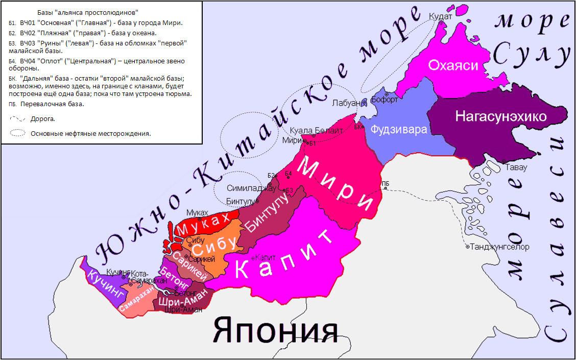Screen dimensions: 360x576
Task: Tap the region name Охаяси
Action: pyautogui.click(x=453, y=65)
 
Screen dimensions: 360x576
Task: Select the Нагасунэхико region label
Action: pyautogui.click(x=501, y=117)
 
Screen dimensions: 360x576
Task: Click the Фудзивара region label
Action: pyautogui.click(x=399, y=130)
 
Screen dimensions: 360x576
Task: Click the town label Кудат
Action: pyautogui.click(x=441, y=17)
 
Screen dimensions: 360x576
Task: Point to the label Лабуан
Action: pyautogui.click(x=349, y=103)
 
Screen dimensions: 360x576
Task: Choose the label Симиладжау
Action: pyautogui.click(x=244, y=188)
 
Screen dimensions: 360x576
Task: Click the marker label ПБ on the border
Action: pyautogui.click(x=386, y=183)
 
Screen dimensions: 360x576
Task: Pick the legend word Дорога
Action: pyautogui.click(x=43, y=119)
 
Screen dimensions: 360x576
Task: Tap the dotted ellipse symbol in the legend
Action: pyautogui.click(x=18, y=134)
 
